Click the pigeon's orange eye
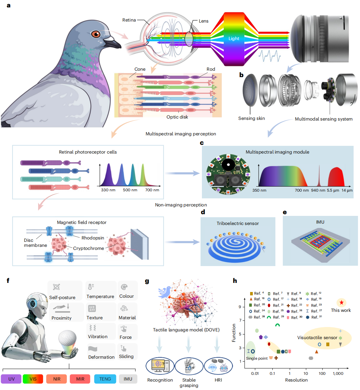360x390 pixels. tap(96, 34)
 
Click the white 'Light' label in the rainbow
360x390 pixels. tap(234, 38)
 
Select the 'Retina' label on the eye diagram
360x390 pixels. tap(129, 20)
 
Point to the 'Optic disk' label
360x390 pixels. tap(177, 117)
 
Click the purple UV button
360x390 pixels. tap(11, 379)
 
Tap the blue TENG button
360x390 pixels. tap(105, 379)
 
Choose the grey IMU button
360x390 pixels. tap(128, 379)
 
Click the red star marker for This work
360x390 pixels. tap(341, 302)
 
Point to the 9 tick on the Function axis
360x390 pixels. tap(240, 307)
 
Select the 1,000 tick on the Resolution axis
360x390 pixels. tap(338, 373)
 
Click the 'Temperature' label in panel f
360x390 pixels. tap(100, 296)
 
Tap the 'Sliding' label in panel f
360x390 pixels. tap(126, 356)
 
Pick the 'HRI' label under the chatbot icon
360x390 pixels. tap(218, 380)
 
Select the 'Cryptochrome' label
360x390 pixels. tap(89, 248)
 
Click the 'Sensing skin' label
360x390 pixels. tap(251, 118)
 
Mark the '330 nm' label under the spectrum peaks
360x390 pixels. tap(108, 190)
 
